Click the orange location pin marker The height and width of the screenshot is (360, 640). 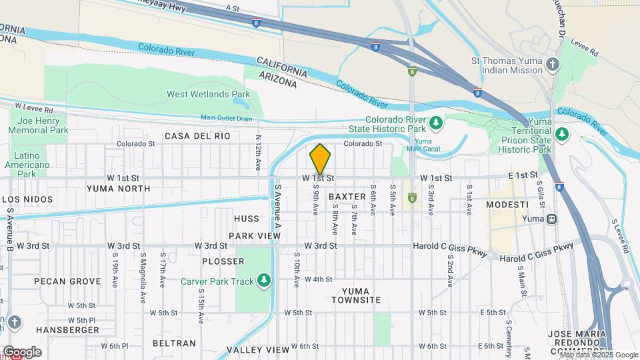click(x=320, y=159)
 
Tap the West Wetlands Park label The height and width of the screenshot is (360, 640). click(x=208, y=95)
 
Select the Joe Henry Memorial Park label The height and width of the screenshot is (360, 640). click(x=39, y=126)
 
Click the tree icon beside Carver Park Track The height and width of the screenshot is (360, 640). click(x=265, y=280)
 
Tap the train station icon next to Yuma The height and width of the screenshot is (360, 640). click(x=551, y=219)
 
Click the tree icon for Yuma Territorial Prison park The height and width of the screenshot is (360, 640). click(x=562, y=133)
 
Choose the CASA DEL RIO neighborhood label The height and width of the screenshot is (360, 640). click(x=197, y=136)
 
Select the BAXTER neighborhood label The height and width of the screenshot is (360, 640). click(x=347, y=197)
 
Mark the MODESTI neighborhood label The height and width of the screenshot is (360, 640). click(x=507, y=204)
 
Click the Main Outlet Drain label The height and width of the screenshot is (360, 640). click(x=227, y=118)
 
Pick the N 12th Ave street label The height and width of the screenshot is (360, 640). click(x=258, y=151)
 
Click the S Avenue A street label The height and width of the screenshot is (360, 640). click(x=279, y=207)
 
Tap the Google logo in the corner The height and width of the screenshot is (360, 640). click(x=22, y=351)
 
